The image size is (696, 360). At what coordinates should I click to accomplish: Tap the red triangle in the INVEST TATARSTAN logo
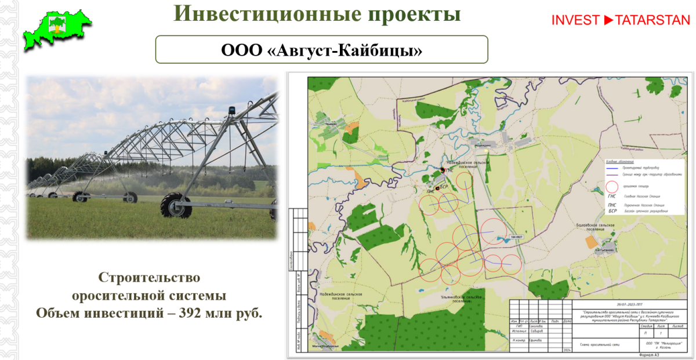point(608,20)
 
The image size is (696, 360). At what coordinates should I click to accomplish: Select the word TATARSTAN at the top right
point(652,20)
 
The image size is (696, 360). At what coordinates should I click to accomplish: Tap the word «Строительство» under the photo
point(149,277)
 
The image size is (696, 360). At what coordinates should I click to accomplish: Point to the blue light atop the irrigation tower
point(233,110)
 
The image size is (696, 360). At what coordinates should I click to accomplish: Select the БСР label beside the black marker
point(445,187)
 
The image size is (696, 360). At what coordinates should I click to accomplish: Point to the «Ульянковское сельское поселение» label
point(458,299)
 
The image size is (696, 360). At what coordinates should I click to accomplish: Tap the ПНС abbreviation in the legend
point(612,205)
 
